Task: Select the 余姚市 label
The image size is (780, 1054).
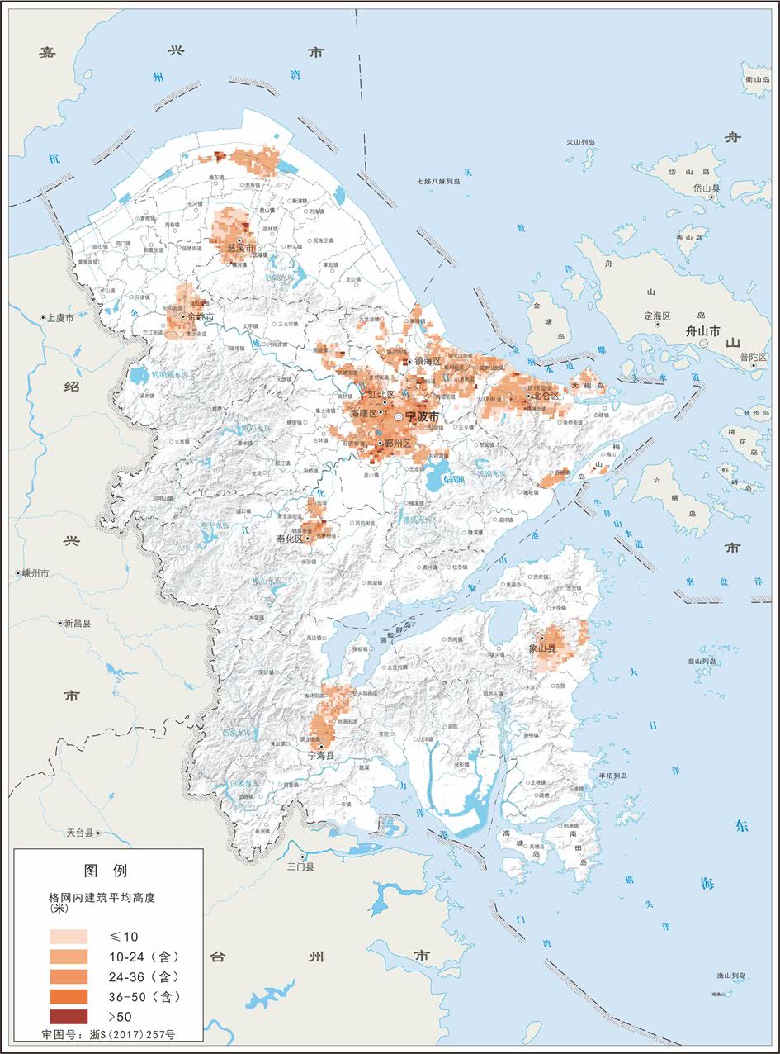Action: [x=200, y=317]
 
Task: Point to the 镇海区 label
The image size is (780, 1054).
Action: [x=428, y=361]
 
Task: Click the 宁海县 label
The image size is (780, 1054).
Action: [x=323, y=756]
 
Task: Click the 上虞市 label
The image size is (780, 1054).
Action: [x=59, y=317]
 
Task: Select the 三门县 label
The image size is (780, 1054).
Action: [x=300, y=866]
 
